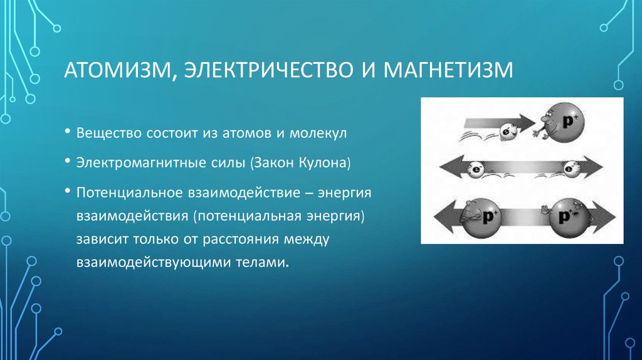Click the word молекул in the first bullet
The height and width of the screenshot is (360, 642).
point(318,133)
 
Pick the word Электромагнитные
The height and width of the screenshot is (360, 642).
point(140,162)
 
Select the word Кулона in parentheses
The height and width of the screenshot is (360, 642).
point(323,162)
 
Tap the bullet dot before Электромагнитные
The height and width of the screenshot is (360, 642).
point(68,161)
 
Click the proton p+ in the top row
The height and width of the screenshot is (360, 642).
point(567,122)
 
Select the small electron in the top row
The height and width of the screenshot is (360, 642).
point(508,131)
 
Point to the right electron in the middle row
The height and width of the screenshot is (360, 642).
point(569,169)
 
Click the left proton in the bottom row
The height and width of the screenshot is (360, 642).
point(481,218)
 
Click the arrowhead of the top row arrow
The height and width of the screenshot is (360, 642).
point(527,122)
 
